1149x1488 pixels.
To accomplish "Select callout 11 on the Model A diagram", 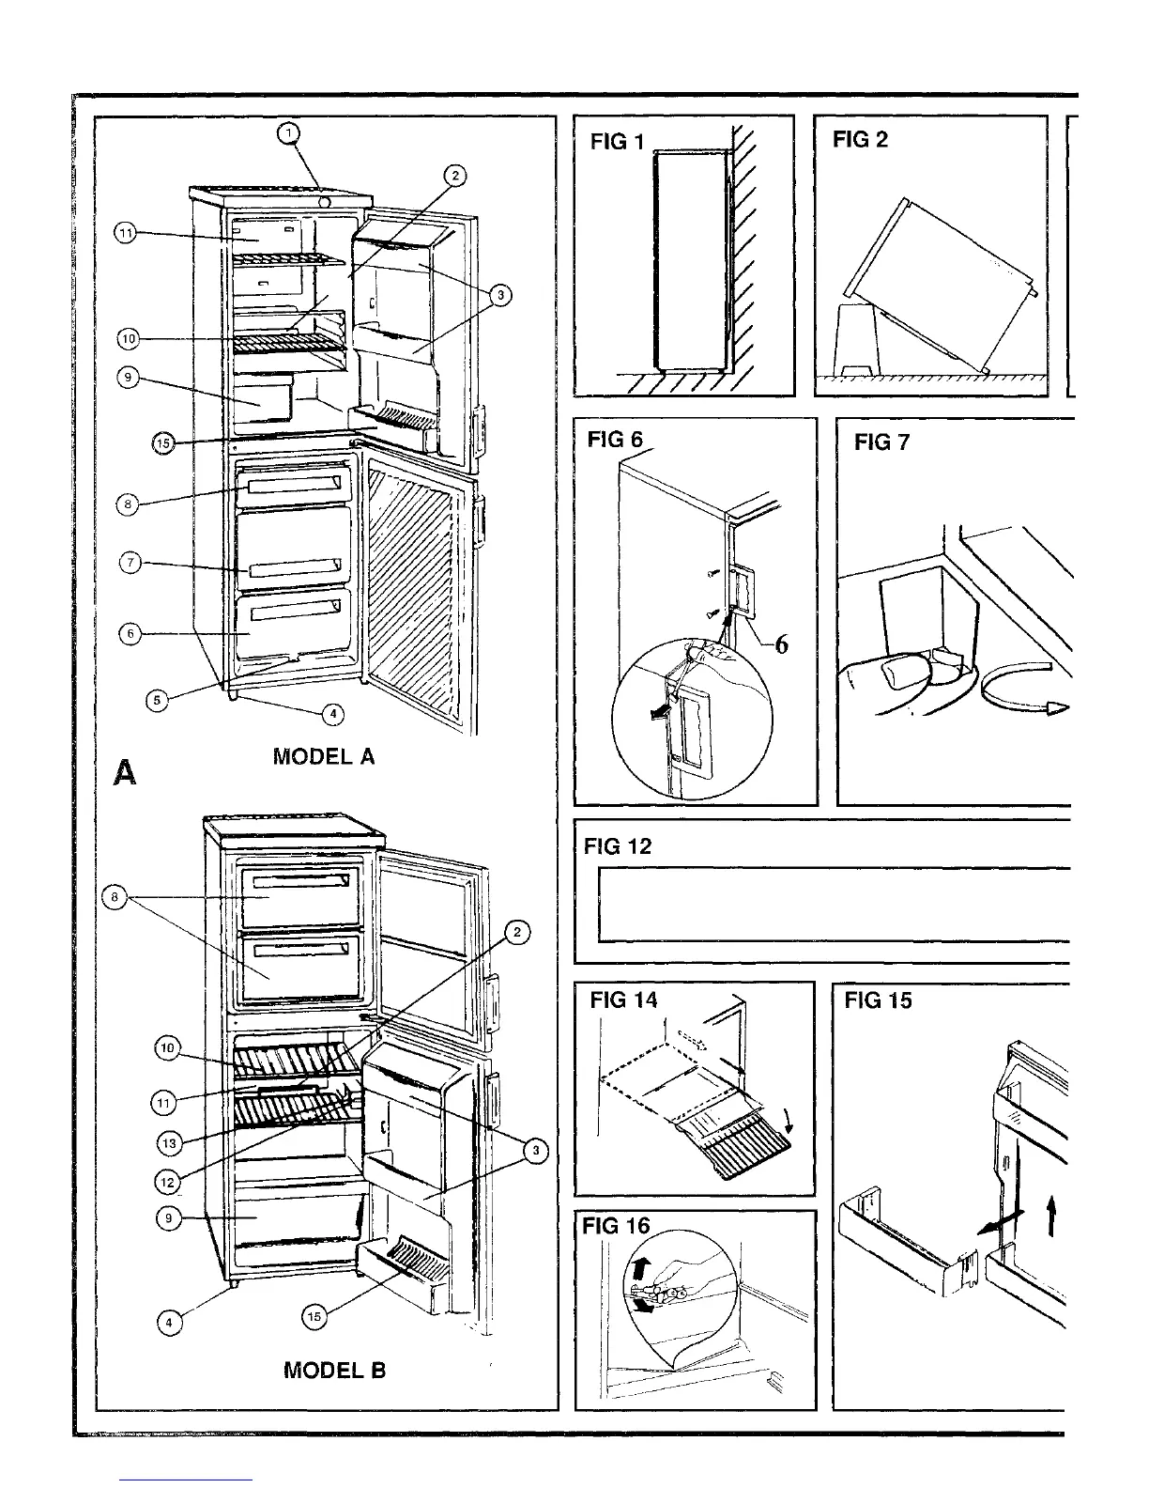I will tap(125, 234).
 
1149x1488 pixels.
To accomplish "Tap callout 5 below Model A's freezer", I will tap(157, 700).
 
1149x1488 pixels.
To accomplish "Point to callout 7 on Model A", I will tap(132, 564).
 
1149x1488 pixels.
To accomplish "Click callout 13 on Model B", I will tap(169, 1142).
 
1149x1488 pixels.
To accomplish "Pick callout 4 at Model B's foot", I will tap(169, 1323).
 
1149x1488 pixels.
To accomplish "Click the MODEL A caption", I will tap(323, 756).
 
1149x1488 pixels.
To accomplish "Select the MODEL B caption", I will tap(334, 1371).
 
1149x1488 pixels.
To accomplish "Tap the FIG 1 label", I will tap(617, 142).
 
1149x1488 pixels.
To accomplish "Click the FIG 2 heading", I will tap(859, 140).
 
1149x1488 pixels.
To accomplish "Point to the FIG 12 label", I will tap(617, 846).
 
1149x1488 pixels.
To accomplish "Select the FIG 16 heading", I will tap(615, 1226).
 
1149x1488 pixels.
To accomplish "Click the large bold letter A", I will tap(124, 772).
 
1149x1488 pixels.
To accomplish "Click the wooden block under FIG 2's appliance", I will tap(856, 339).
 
